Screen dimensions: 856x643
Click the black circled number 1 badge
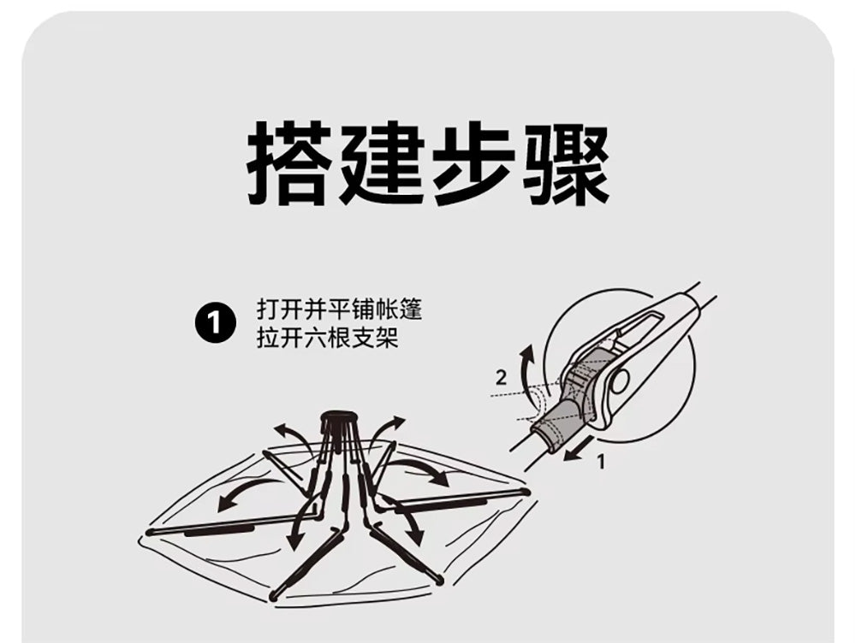[x=215, y=323]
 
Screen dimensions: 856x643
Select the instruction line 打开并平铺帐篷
[x=340, y=310]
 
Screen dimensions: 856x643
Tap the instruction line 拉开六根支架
[x=328, y=338]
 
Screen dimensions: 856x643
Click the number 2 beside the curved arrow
[x=501, y=377]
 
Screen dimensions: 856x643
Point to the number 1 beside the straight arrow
[x=601, y=462]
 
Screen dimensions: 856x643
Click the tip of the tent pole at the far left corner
[x=150, y=531]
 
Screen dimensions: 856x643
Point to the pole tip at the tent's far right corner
[x=526, y=492]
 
